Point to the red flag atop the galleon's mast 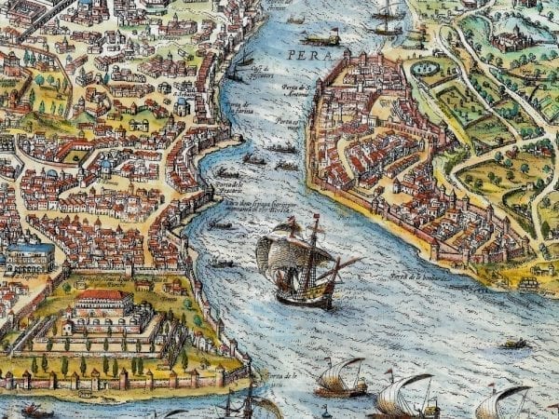click(292, 221)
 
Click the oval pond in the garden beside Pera click(426, 68)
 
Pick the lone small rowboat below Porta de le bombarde click(513, 344)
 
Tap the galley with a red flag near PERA click(322, 39)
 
